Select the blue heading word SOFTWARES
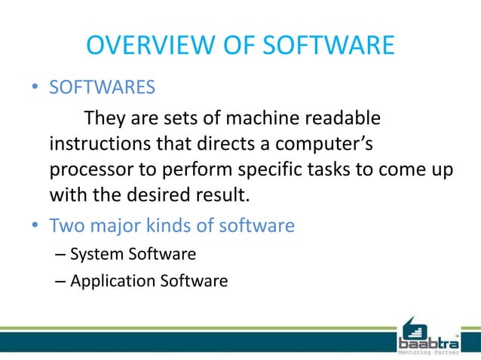click(103, 89)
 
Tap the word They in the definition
click(107, 118)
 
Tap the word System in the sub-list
click(96, 254)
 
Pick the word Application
click(112, 281)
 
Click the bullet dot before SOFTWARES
click(35, 90)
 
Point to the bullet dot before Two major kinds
click(35, 225)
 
